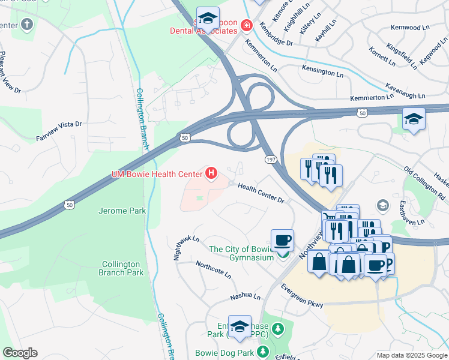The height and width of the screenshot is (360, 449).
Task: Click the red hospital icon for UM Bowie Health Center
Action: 211,174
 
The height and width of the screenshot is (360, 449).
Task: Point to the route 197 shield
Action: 271,159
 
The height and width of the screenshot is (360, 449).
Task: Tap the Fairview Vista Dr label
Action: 58,131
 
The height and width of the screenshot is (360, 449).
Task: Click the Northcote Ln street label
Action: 213,269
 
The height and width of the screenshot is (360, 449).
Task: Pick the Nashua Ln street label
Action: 246,297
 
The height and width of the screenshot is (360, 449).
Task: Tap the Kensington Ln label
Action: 327,72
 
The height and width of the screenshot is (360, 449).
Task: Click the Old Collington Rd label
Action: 424,183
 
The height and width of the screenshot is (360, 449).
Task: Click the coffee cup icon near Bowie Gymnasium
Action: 282,241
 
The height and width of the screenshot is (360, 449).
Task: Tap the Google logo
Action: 20,353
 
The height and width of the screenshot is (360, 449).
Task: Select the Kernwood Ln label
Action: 411,28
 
